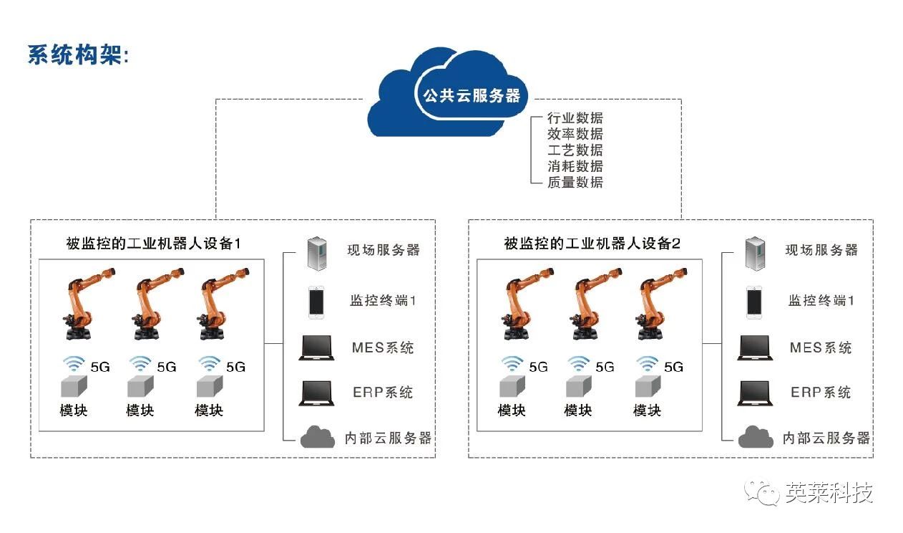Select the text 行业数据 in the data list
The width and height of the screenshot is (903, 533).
point(575,118)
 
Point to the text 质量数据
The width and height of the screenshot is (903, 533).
point(575,182)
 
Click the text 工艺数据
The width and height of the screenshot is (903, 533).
point(575,150)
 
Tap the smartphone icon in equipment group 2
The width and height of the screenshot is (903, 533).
point(753,302)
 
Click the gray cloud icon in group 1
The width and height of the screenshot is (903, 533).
point(317,436)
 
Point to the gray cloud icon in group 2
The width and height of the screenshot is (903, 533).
point(756,436)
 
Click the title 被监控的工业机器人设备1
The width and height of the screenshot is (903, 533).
point(153,244)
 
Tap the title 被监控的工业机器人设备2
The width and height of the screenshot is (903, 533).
point(592,244)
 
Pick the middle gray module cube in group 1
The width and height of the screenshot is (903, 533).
point(141,387)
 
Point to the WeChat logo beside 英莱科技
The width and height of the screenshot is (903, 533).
point(763,493)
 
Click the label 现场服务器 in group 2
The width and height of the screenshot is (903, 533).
point(821,250)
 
